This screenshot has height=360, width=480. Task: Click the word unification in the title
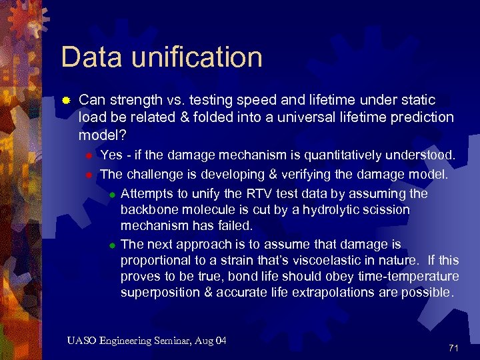pyautogui.click(x=197, y=57)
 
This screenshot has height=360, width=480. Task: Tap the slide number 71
pyautogui.click(x=453, y=348)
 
